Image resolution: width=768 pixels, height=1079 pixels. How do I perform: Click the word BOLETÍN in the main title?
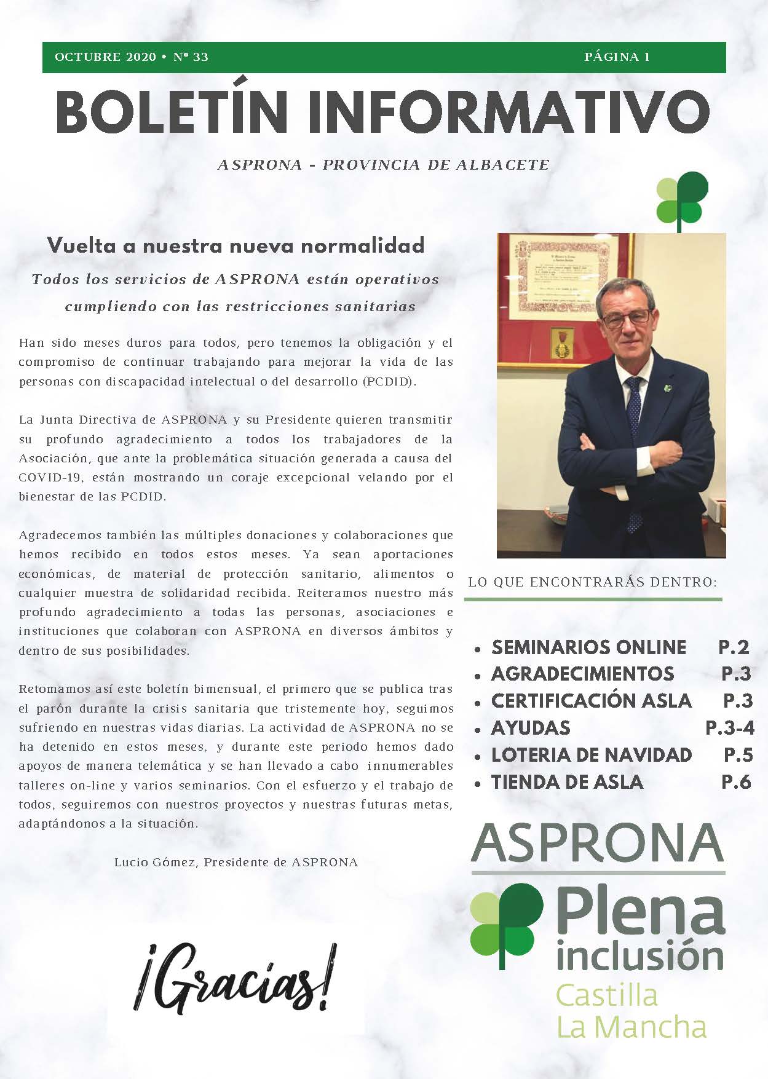click(172, 113)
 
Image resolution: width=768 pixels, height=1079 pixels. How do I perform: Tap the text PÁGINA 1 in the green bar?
click(617, 57)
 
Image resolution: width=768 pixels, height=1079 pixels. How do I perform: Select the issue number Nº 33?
click(191, 57)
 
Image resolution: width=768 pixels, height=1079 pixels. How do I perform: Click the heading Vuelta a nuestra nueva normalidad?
click(236, 245)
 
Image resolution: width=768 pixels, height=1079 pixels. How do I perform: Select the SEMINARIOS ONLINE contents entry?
click(588, 647)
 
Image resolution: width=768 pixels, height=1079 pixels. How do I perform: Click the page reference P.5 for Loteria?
click(737, 755)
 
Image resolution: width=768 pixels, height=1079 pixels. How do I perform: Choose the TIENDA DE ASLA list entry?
click(567, 782)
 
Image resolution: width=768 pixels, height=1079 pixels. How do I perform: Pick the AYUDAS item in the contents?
click(531, 729)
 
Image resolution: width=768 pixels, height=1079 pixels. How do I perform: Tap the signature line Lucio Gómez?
click(236, 862)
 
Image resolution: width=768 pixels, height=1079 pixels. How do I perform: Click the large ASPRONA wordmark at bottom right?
click(597, 844)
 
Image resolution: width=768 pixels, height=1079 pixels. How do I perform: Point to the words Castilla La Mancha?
click(631, 1011)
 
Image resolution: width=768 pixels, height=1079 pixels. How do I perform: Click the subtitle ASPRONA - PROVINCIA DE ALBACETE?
click(383, 165)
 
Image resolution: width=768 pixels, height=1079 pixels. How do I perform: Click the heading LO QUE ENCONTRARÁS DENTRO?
click(592, 582)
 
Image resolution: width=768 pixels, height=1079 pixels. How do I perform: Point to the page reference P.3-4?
click(729, 729)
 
